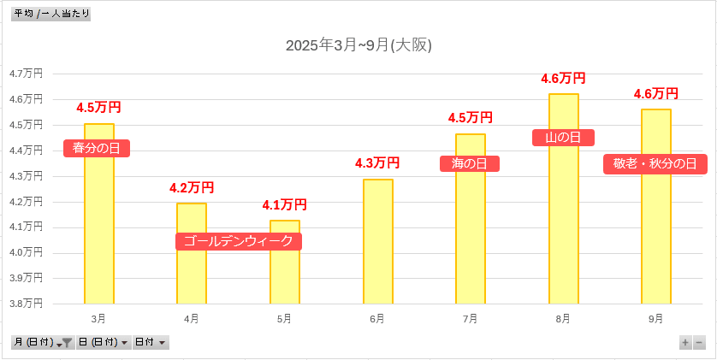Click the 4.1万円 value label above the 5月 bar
pyautogui.click(x=284, y=204)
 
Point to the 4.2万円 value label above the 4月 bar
pyautogui.click(x=192, y=187)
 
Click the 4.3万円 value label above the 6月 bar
pyautogui.click(x=377, y=162)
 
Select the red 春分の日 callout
pyautogui.click(x=97, y=148)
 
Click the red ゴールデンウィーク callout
pyautogui.click(x=239, y=241)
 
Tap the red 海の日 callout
pyautogui.click(x=469, y=163)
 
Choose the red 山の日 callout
pyautogui.click(x=563, y=137)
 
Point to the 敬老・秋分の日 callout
pyautogui.click(x=655, y=163)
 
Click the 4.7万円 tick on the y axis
pyautogui.click(x=26, y=74)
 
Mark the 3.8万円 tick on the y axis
pyautogui.click(x=26, y=303)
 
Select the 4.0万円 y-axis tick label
pyautogui.click(x=26, y=252)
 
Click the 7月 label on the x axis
pyautogui.click(x=470, y=318)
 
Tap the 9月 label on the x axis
pyautogui.click(x=655, y=318)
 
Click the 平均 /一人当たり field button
pyautogui.click(x=51, y=14)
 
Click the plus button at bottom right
pyautogui.click(x=685, y=342)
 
